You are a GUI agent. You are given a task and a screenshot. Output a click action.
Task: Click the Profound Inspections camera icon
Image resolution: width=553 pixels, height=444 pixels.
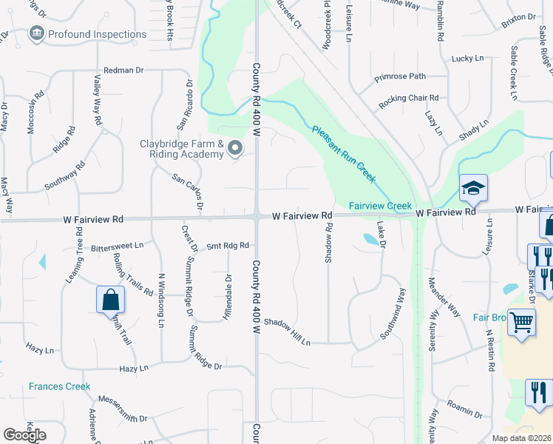coord(36,34)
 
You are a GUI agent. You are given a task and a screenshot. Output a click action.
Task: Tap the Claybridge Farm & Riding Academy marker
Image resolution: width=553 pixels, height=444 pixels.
coord(235,149)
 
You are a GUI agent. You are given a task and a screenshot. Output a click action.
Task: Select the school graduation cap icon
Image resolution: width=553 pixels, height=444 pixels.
coord(473,189)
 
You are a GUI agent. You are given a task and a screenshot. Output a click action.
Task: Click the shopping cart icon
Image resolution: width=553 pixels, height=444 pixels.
coord(522,323)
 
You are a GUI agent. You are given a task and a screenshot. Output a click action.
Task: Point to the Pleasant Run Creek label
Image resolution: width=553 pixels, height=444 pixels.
coord(344,154)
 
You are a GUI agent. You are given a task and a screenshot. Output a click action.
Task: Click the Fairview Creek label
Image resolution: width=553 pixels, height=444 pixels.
coord(379,205)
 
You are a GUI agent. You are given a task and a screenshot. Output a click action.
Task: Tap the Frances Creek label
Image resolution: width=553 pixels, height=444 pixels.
coord(59,386)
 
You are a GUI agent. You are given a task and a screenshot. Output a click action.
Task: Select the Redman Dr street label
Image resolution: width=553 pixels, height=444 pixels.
coord(123,70)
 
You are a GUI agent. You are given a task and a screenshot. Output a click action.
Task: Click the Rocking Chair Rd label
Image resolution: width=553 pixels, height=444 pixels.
coord(409,98)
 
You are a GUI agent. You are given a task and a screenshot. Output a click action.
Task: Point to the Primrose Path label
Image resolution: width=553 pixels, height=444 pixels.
coord(400,75)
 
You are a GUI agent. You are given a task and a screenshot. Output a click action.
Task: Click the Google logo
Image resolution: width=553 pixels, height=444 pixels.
coord(24,435)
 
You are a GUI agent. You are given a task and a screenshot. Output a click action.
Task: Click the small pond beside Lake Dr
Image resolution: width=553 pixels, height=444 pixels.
coord(370,239)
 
